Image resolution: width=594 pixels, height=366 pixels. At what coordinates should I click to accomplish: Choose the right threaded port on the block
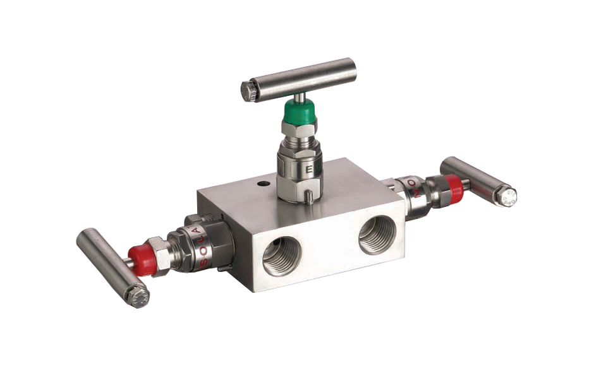[377, 234]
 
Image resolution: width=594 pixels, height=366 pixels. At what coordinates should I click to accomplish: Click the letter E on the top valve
[309, 170]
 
